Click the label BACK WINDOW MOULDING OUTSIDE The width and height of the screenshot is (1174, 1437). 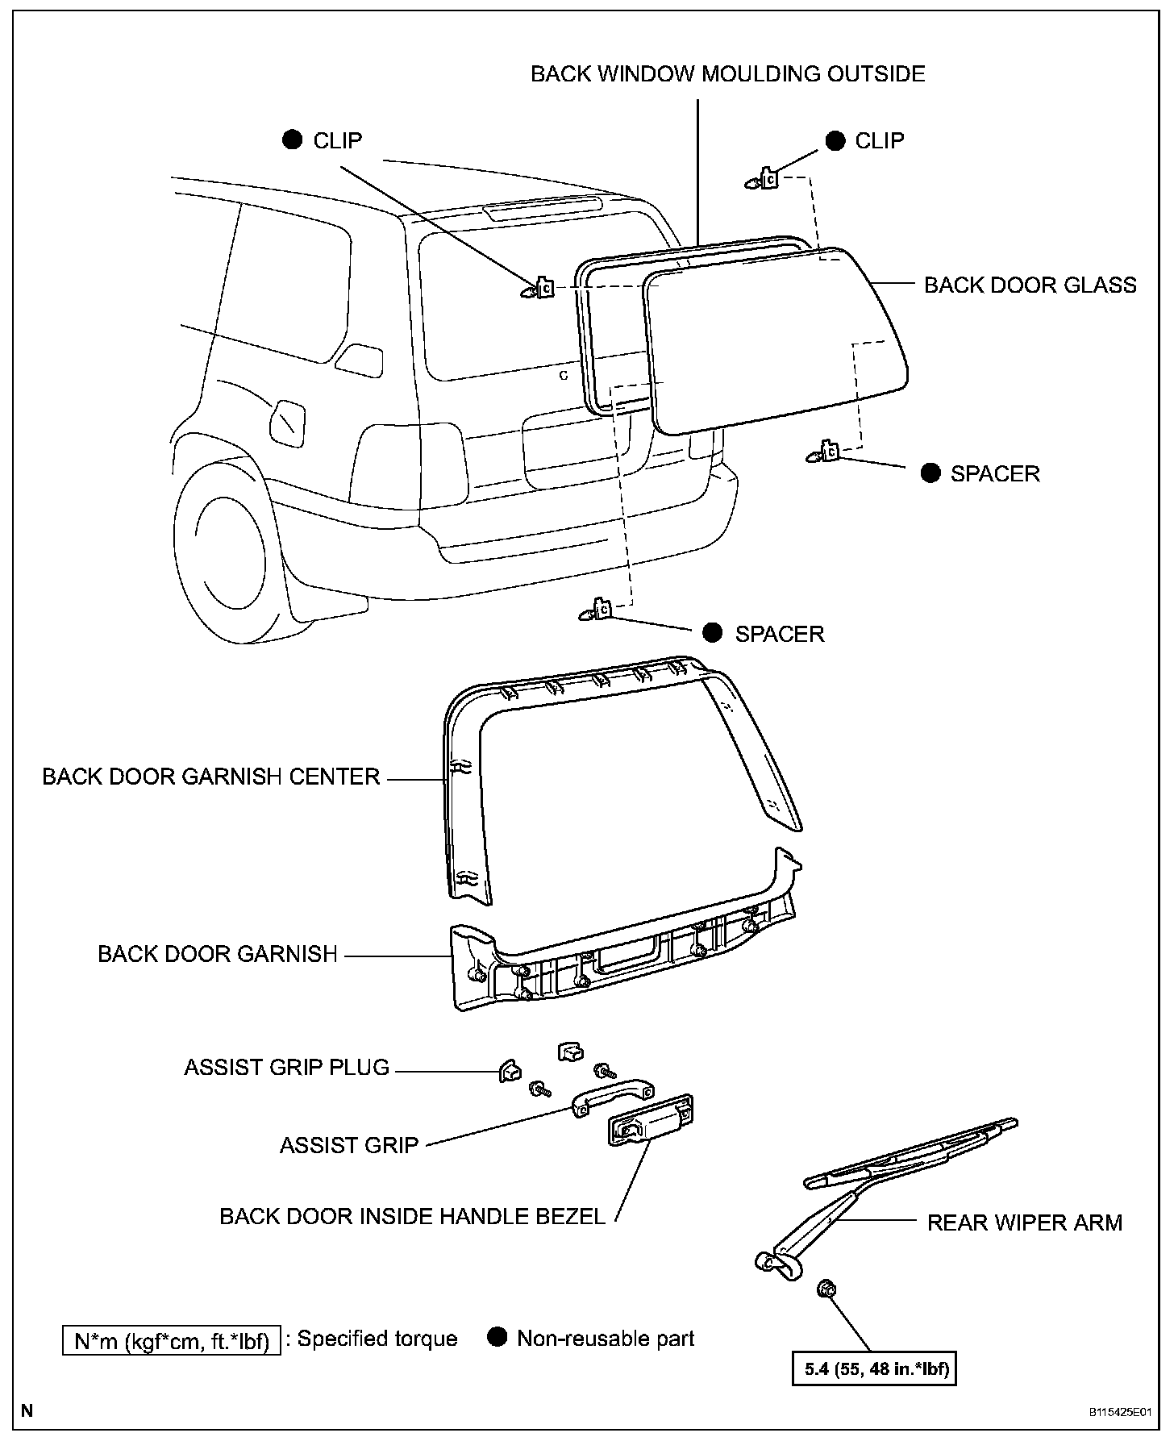727,74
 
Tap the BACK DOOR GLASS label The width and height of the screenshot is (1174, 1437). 1030,285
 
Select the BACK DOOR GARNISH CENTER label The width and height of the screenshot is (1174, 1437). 210,777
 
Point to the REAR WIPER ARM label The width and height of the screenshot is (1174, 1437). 1024,1222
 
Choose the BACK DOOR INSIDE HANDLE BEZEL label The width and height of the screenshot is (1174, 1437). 412,1216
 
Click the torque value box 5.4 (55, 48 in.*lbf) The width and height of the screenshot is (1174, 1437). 875,1368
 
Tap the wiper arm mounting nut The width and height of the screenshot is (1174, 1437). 826,1290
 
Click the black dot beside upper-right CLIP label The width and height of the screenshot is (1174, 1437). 835,141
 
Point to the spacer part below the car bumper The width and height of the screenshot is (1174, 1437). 597,610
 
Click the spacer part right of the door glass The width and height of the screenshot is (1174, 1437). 825,453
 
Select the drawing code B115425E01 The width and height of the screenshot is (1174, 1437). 1118,1412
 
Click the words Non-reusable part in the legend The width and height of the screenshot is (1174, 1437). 606,1339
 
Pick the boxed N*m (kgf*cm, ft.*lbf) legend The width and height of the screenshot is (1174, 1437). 172,1340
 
